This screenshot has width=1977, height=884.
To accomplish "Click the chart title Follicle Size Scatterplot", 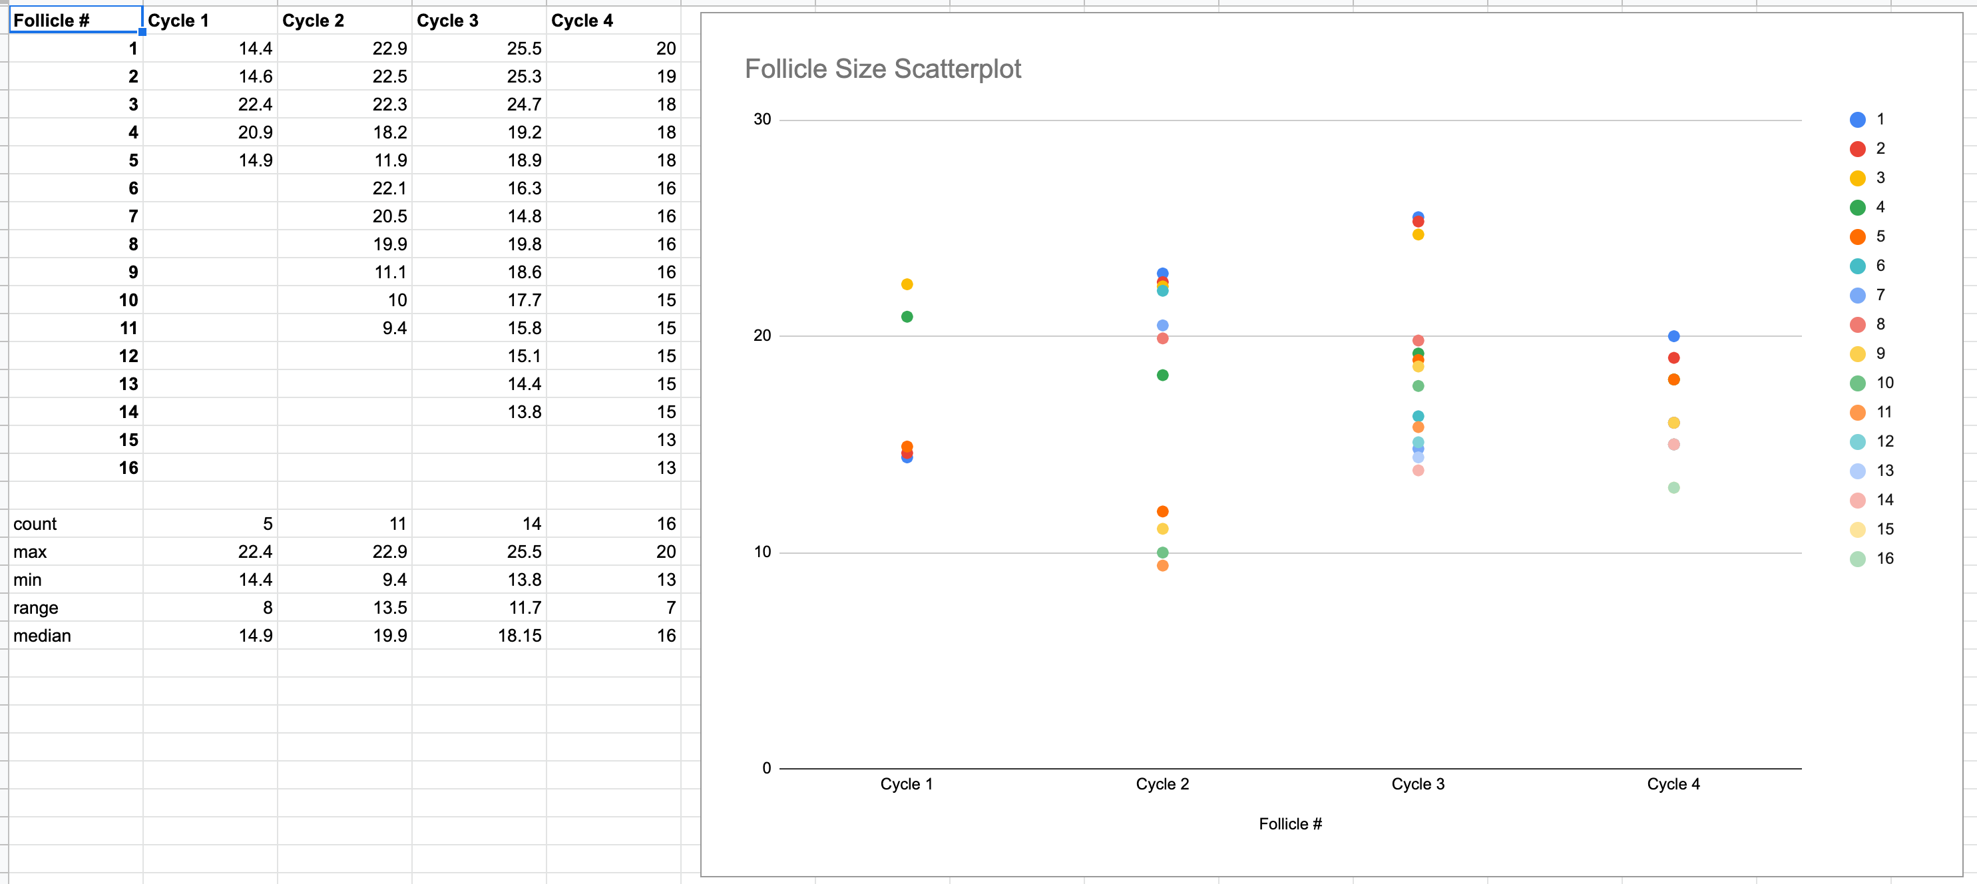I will [883, 69].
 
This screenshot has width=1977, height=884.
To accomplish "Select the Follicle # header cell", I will [75, 21].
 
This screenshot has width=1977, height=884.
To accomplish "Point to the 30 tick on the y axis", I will [762, 120].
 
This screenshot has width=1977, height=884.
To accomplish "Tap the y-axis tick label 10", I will [762, 552].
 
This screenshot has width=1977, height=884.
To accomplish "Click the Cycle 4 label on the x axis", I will [1673, 784].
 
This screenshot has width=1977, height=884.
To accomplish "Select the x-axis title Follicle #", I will [1290, 824].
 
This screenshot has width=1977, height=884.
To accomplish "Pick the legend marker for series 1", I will [1857, 120].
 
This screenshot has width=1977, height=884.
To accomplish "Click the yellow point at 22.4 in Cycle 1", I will [907, 285].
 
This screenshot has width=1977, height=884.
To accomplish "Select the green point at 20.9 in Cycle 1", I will [907, 317].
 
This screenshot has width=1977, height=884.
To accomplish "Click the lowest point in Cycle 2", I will [1163, 566].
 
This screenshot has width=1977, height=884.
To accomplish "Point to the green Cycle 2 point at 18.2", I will [1163, 375].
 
